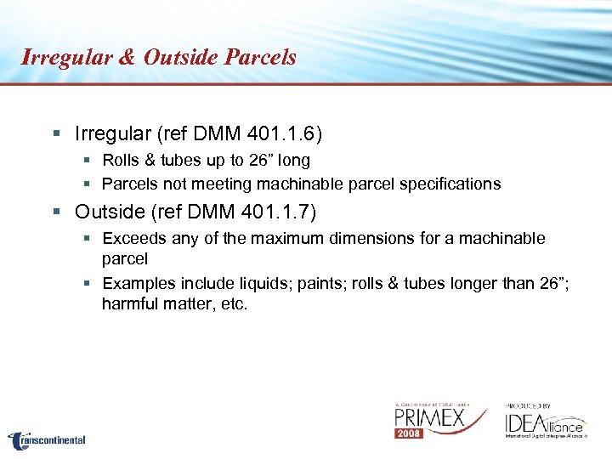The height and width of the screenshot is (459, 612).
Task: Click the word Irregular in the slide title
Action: [65, 58]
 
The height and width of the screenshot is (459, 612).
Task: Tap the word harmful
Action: [129, 303]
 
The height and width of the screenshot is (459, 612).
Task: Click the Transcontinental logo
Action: [48, 440]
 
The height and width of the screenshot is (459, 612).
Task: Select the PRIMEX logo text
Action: [429, 419]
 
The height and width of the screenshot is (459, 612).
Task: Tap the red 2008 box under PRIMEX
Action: [409, 433]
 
